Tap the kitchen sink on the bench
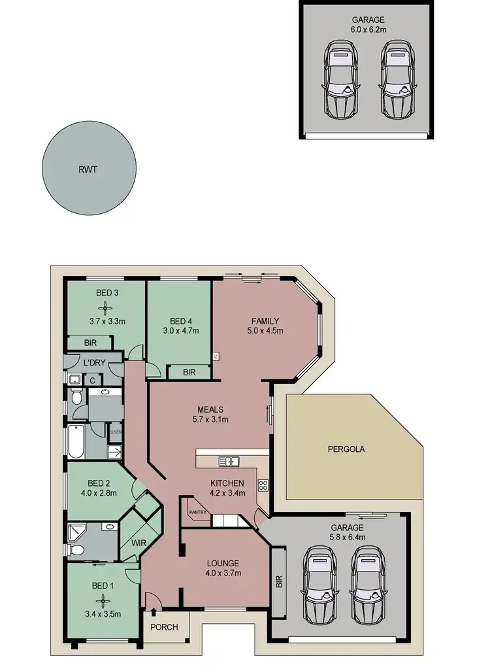coord(228,462)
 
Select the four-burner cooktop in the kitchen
coord(263,485)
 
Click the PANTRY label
coord(197,512)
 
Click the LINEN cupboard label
coord(115,433)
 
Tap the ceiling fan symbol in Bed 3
coord(101,307)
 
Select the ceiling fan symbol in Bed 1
coord(101,600)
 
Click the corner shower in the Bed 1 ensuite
coord(76,530)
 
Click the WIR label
coord(137,542)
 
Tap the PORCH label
coord(164,627)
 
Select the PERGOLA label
coord(346,449)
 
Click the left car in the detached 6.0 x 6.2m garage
coord(338,78)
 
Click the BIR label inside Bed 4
coord(189,372)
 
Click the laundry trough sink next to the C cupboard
coord(75,379)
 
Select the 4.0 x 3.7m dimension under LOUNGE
coord(224,573)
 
